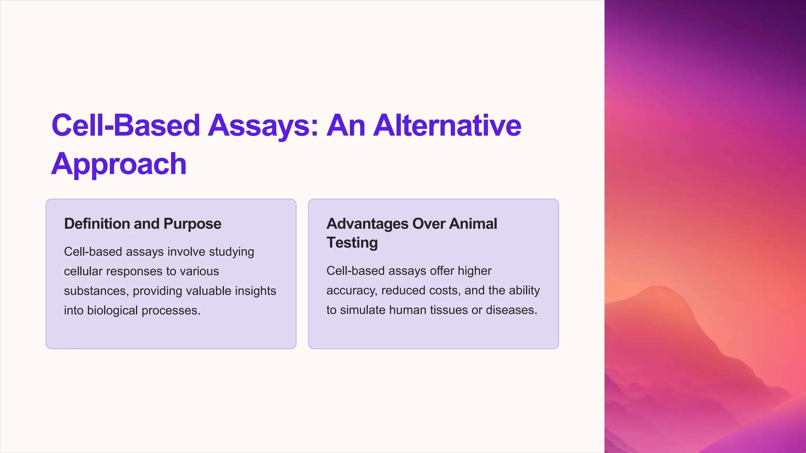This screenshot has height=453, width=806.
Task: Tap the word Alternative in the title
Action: click(x=447, y=126)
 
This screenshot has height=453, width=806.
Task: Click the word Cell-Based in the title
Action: click(x=126, y=126)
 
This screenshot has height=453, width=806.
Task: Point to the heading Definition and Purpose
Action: click(x=142, y=224)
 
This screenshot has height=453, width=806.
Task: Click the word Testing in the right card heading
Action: click(x=352, y=243)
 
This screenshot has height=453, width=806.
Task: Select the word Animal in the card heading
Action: click(x=473, y=224)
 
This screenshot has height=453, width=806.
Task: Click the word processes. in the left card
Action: click(x=171, y=311)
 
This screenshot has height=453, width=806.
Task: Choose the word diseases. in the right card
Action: click(x=511, y=310)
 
